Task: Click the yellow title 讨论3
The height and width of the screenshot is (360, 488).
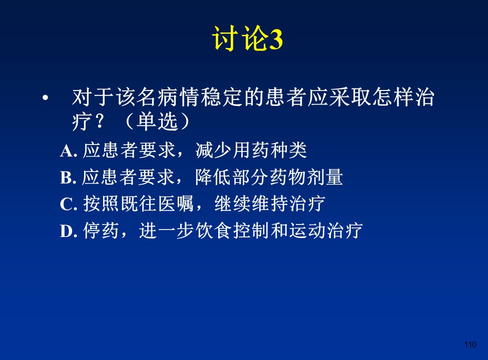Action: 247,38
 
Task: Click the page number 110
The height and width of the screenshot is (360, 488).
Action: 470,344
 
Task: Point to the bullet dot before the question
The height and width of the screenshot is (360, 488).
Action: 46,98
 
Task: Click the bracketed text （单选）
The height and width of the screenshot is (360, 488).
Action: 158,121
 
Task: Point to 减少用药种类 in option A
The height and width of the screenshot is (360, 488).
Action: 251,150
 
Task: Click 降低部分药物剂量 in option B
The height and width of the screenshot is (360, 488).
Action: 269,177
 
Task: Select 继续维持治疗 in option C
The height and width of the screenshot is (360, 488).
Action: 270,204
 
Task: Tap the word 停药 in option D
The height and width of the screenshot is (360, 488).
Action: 101,231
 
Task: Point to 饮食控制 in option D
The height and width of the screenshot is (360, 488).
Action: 232,231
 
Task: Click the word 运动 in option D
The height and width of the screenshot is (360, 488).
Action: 307,231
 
